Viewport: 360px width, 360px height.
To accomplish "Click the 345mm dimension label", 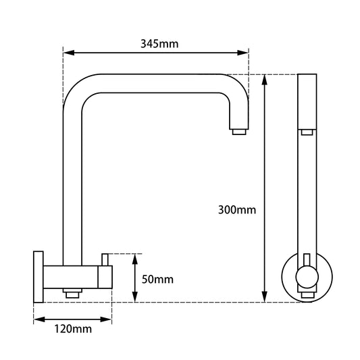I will (x=159, y=44).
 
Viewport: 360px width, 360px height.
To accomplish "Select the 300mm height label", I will (x=237, y=209).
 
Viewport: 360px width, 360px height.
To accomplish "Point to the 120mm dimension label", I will (x=72, y=329).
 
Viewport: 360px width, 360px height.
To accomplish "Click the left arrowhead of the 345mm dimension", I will (x=68, y=51).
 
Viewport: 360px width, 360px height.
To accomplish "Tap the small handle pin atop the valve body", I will (x=105, y=259).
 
